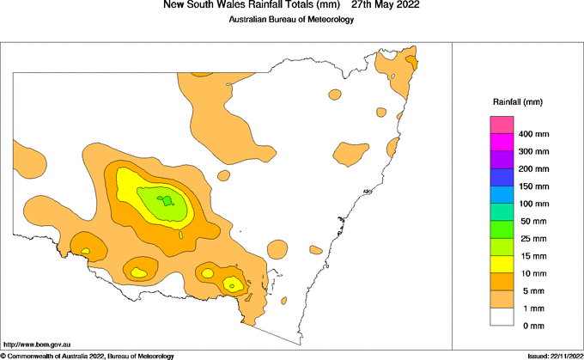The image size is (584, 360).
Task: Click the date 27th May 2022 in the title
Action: click(x=386, y=6)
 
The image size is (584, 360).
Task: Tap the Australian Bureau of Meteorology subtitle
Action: click(x=291, y=20)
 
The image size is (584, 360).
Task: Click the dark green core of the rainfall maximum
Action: click(x=167, y=201)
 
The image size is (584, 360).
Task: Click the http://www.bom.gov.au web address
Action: click(x=37, y=344)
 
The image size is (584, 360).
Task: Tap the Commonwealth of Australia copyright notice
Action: click(x=88, y=356)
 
